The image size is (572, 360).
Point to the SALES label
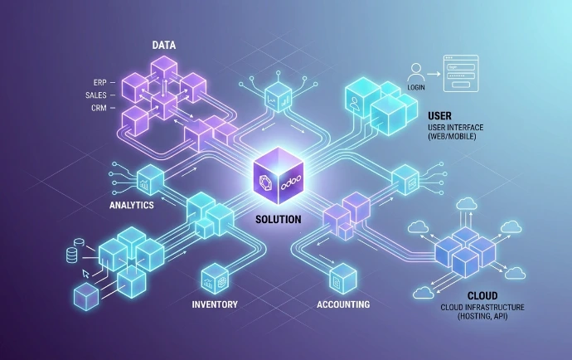click(x=95, y=95)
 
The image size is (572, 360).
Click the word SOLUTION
click(x=279, y=220)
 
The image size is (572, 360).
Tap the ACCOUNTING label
click(x=343, y=304)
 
